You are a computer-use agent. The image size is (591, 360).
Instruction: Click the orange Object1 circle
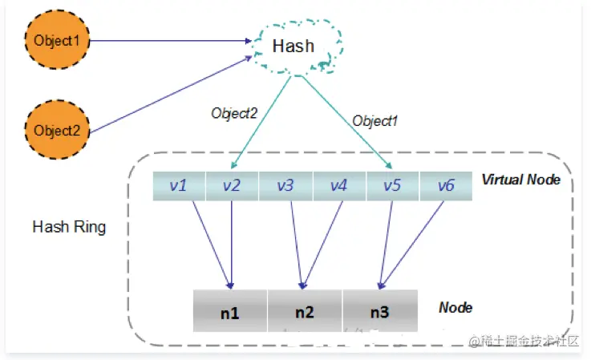tap(57, 40)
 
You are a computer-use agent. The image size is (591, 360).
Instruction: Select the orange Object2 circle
tap(57, 130)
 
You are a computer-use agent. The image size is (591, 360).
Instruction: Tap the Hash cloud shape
tap(298, 47)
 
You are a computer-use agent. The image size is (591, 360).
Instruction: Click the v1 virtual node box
tap(179, 186)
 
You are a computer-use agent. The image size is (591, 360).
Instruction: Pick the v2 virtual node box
tap(233, 186)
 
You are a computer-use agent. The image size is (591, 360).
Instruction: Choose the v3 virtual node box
tap(285, 186)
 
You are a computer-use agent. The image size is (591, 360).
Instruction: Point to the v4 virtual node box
tap(339, 186)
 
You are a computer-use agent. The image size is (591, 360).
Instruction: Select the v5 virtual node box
tap(392, 186)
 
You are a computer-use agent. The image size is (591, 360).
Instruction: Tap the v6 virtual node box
tap(446, 186)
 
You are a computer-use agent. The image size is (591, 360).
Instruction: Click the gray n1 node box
tap(230, 311)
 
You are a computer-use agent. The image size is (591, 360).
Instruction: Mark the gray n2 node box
tap(305, 311)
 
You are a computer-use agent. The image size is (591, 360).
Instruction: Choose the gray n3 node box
tap(380, 311)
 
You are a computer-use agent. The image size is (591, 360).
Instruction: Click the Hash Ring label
tap(69, 227)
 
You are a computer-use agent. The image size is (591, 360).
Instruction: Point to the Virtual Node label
tap(521, 180)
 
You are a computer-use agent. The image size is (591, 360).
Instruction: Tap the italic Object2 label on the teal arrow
tap(234, 113)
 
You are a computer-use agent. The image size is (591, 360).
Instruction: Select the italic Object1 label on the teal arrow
tap(374, 121)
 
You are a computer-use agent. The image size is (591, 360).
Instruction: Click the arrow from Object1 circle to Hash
tap(171, 40)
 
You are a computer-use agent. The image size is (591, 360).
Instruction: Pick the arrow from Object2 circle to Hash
tap(171, 95)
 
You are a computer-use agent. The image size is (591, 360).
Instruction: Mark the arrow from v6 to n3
tap(411, 245)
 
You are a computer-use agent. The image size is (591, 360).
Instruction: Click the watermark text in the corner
tap(524, 341)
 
